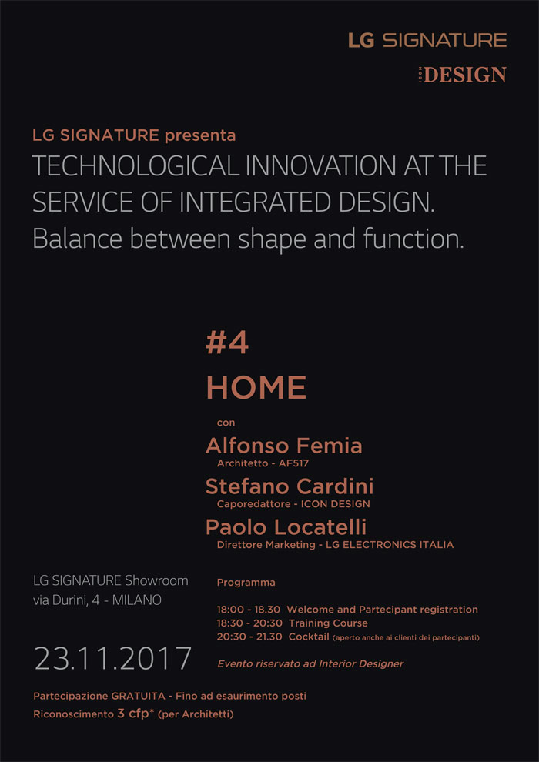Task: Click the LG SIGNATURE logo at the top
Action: [x=427, y=40]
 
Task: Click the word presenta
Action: [x=200, y=135]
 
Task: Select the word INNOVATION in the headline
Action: [x=321, y=167]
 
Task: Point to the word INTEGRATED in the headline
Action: [x=258, y=202]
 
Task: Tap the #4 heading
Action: [x=227, y=344]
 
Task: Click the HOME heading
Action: [x=256, y=387]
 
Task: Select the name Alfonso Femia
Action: [x=284, y=446]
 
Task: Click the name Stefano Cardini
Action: [x=290, y=486]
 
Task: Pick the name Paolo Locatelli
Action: [x=286, y=527]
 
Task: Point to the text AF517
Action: [x=293, y=463]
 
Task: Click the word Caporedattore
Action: [x=253, y=504]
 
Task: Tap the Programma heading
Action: [x=246, y=583]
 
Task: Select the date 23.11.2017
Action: [x=112, y=659]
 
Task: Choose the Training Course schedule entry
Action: [x=328, y=623]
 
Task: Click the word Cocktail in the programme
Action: [x=309, y=637]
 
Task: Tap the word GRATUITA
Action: [x=138, y=697]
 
